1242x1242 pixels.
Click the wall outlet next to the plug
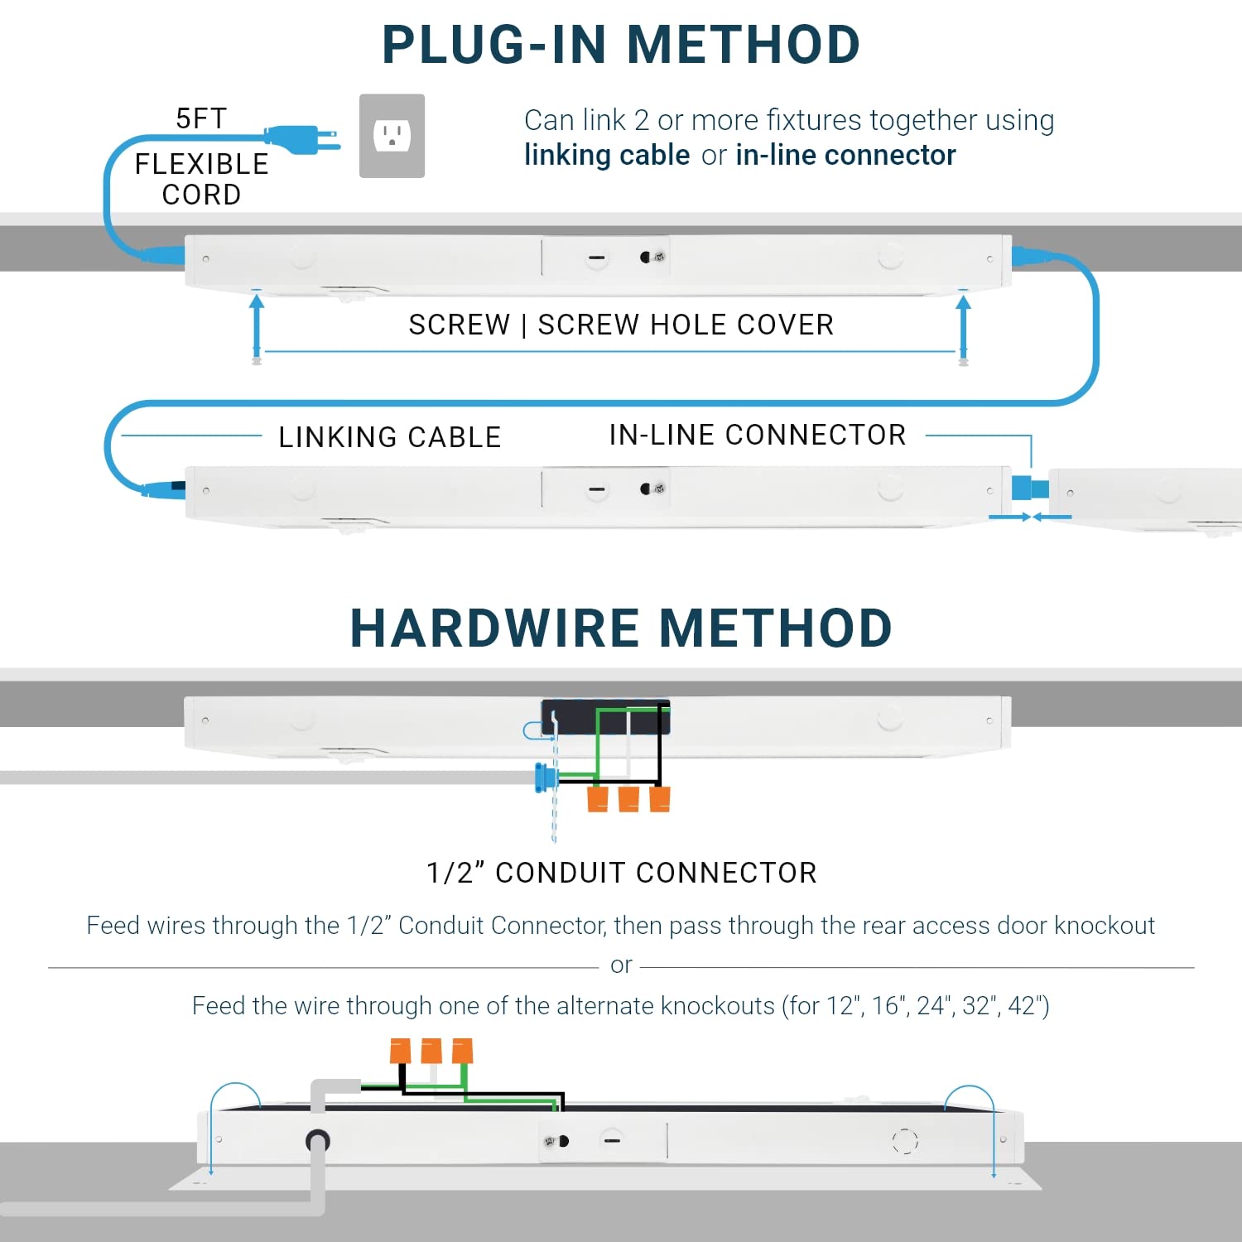392,136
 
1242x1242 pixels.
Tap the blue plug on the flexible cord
301,139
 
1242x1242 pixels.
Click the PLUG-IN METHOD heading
621,45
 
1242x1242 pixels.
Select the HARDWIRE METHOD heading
621,628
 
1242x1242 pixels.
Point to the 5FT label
201,118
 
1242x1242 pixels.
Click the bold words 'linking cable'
607,155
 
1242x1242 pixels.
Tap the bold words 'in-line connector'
845,155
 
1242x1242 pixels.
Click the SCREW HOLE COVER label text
686,325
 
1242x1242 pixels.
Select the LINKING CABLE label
389,436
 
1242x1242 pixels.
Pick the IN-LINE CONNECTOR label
758,435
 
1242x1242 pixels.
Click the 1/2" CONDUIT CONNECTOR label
621,873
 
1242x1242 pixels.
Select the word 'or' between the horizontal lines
621,965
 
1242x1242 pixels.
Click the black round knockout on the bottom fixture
318,1141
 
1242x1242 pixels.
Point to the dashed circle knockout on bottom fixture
905,1141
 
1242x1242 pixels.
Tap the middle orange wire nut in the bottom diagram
431,1051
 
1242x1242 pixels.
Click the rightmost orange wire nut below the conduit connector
660,799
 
